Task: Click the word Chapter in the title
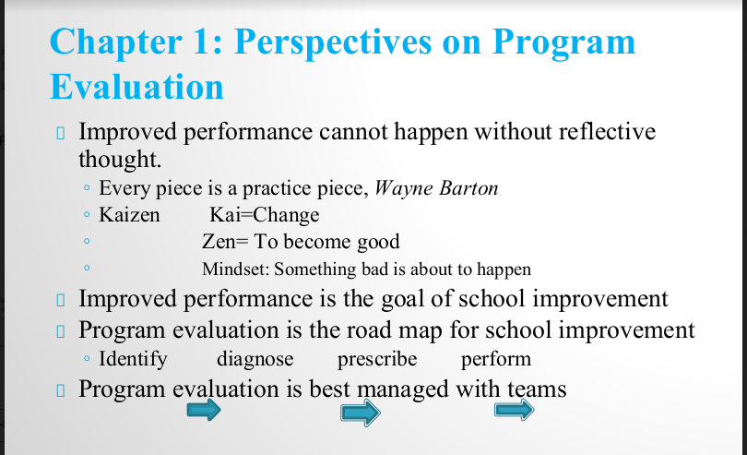pyautogui.click(x=116, y=42)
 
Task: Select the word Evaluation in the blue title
pyautogui.click(x=136, y=87)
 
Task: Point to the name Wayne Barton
pyautogui.click(x=436, y=188)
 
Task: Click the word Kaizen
pyautogui.click(x=129, y=215)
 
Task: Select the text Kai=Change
pyautogui.click(x=265, y=215)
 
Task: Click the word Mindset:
pyautogui.click(x=236, y=269)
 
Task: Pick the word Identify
pyautogui.click(x=133, y=359)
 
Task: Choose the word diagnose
pyautogui.click(x=255, y=359)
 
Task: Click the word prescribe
pyautogui.click(x=377, y=359)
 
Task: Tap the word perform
pyautogui.click(x=496, y=359)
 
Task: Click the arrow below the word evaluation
pyautogui.click(x=204, y=410)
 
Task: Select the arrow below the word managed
pyautogui.click(x=361, y=413)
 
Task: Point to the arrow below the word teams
pyautogui.click(x=514, y=410)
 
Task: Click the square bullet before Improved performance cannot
pyautogui.click(x=61, y=133)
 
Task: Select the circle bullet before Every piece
pyautogui.click(x=87, y=188)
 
